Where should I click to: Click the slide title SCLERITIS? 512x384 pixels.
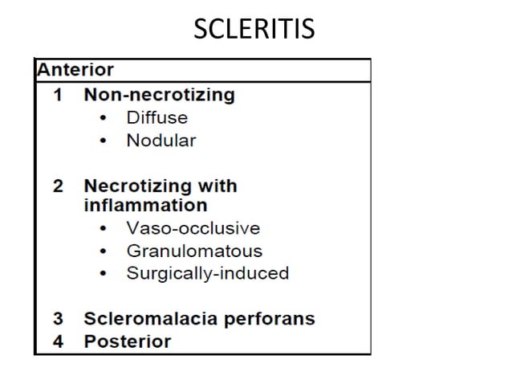[x=255, y=29]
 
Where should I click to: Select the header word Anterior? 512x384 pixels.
[x=75, y=70]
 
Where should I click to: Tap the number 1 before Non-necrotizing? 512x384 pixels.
[x=58, y=95]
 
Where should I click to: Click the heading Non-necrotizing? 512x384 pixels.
[x=159, y=95]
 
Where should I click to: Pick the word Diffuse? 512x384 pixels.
[x=156, y=117]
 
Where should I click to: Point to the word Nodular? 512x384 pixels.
[x=161, y=141]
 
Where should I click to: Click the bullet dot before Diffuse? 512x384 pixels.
[x=103, y=118]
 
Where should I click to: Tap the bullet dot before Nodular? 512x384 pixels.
[x=103, y=141]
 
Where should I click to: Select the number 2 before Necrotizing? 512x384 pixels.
[x=58, y=186]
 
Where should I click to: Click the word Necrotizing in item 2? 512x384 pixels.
[x=133, y=186]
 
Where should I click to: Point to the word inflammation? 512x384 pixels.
[x=145, y=205]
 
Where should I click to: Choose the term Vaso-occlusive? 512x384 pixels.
[x=193, y=228]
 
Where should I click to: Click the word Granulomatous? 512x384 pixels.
[x=194, y=251]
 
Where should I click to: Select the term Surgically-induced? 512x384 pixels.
[x=207, y=273]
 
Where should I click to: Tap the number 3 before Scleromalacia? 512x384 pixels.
[x=58, y=318]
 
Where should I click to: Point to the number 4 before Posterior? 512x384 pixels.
[x=58, y=341]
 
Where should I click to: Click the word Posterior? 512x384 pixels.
[x=127, y=341]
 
